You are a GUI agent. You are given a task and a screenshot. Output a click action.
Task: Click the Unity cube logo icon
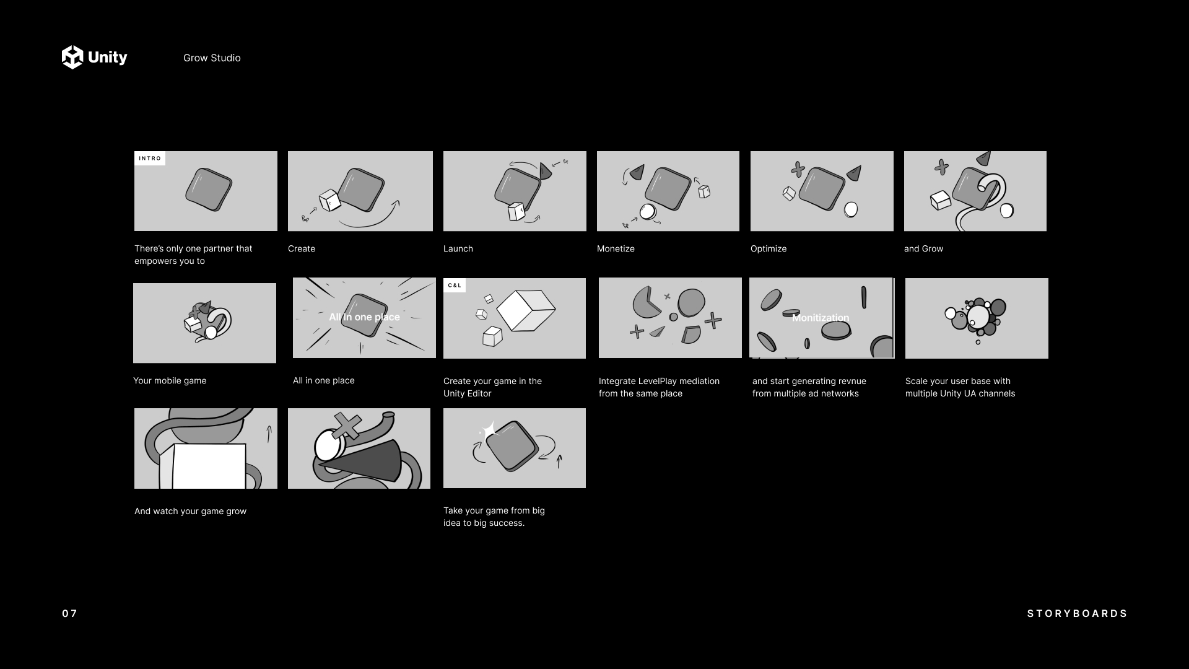point(72,57)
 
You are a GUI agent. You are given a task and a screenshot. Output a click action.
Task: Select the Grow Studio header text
point(212,58)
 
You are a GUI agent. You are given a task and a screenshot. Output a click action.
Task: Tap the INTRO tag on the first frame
point(150,159)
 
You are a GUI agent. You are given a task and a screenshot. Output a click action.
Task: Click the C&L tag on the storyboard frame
point(455,286)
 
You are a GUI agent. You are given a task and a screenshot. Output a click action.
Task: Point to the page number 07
point(70,613)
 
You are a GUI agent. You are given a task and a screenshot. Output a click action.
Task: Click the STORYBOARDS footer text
point(1077,613)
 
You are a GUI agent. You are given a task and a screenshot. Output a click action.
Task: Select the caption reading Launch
point(458,248)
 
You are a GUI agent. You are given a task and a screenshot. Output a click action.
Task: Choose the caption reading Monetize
point(616,248)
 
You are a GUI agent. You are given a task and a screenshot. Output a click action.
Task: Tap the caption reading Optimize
point(769,249)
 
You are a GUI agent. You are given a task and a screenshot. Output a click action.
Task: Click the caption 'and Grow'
point(923,248)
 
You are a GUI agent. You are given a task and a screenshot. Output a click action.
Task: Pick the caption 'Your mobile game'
point(170,381)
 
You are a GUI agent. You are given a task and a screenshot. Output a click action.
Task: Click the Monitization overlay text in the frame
point(821,318)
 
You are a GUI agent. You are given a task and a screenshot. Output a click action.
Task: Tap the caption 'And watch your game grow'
point(190,511)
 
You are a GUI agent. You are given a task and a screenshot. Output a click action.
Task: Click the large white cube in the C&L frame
point(526,310)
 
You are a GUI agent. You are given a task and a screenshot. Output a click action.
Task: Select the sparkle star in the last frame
point(489,430)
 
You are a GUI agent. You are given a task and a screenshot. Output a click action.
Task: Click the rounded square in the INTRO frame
point(209,190)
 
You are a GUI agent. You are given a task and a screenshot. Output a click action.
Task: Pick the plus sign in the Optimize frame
point(798,169)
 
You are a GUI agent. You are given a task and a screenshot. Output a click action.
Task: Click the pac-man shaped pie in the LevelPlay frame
point(645,302)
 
